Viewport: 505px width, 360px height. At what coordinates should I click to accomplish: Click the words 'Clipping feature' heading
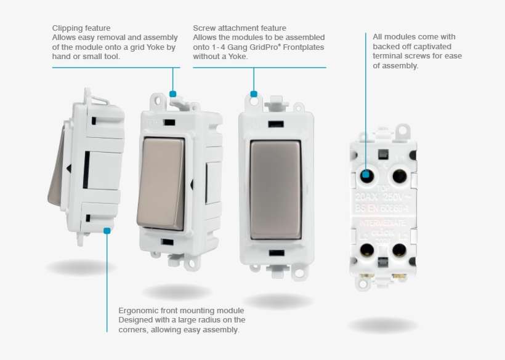pyautogui.click(x=81, y=28)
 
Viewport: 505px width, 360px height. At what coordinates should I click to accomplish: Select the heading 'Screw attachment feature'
pyautogui.click(x=239, y=28)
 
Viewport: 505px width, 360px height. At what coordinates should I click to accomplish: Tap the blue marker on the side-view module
pyautogui.click(x=107, y=231)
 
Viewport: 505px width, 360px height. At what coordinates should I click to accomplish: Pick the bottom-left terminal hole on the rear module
pyautogui.click(x=368, y=249)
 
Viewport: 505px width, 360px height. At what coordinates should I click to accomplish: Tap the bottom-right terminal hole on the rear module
pyautogui.click(x=399, y=249)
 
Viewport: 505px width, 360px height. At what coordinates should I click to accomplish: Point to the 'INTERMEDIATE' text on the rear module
pyautogui.click(x=382, y=222)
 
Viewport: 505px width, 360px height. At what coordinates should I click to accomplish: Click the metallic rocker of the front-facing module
pyautogui.click(x=275, y=190)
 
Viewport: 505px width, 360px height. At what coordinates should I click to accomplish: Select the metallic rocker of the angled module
pyautogui.click(x=161, y=183)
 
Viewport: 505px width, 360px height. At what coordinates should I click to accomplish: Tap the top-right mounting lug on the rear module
pyautogui.click(x=403, y=130)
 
